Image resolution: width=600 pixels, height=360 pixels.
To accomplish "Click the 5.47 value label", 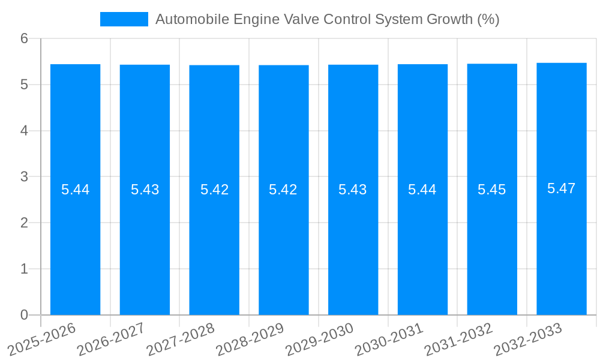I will click(562, 188).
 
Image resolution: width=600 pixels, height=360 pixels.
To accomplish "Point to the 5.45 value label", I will click(492, 190).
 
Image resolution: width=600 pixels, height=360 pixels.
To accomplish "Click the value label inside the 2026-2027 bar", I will click(145, 190).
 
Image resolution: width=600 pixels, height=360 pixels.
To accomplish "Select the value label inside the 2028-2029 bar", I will click(283, 190).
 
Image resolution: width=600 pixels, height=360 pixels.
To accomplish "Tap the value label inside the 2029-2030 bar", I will click(353, 190).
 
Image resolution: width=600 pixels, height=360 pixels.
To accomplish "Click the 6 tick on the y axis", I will click(24, 38).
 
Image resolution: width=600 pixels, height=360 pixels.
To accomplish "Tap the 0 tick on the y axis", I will click(24, 315).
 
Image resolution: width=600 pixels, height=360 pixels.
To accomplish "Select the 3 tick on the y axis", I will click(24, 177).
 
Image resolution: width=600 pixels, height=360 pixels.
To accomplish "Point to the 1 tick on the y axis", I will click(24, 269).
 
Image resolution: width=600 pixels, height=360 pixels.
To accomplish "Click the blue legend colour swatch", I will click(124, 19).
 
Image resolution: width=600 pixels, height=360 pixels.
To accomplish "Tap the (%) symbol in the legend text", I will click(488, 19).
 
